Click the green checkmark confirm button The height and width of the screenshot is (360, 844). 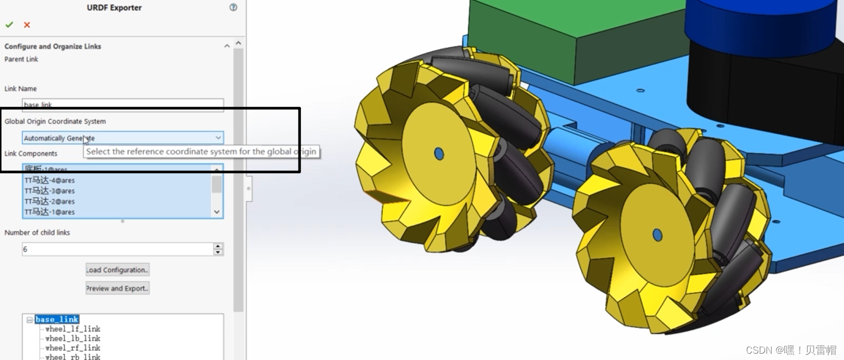9,25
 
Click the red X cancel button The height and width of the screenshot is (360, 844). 27,25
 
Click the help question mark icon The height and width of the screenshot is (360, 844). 233,7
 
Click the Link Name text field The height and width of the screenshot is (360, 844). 122,104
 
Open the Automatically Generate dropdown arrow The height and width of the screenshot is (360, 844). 218,138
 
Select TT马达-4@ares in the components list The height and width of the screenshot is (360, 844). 50,180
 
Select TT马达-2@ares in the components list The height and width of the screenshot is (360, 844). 50,201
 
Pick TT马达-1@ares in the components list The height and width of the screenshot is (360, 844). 50,212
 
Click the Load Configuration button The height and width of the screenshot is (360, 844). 118,270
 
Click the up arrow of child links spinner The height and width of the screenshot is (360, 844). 218,246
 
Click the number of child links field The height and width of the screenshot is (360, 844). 117,249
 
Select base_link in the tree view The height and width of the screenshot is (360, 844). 57,319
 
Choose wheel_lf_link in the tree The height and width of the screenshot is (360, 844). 73,329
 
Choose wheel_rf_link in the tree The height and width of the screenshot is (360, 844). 73,348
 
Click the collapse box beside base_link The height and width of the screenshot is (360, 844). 30,320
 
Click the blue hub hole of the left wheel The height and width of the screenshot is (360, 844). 439,153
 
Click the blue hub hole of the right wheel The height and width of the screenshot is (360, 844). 657,235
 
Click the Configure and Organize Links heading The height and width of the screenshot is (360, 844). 53,46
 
